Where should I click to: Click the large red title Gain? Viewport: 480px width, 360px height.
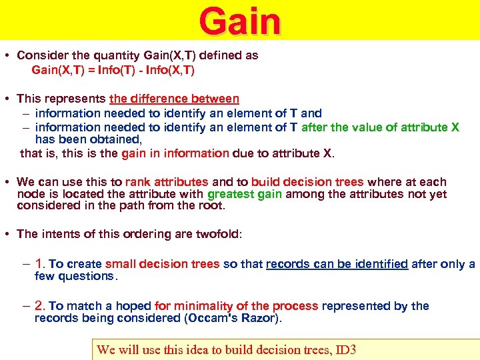coord(240,21)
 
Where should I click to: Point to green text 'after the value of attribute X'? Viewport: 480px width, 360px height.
coord(381,127)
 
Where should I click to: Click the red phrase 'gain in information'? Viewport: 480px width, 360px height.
coord(175,153)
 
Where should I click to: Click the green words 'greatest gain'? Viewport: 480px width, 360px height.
coord(245,195)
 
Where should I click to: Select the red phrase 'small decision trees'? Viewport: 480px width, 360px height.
coord(162,264)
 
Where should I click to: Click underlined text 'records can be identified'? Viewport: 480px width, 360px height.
coord(337,264)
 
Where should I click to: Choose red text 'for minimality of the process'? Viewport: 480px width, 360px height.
coord(237,306)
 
